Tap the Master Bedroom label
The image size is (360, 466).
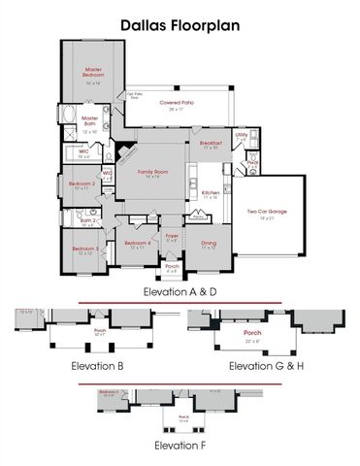(94, 73)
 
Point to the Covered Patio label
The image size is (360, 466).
(176, 102)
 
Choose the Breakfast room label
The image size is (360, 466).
(212, 143)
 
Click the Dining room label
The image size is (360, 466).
(209, 243)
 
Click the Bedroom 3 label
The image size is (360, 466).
(83, 249)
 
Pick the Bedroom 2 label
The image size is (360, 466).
(81, 183)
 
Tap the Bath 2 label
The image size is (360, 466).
(86, 220)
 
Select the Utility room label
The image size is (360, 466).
(241, 135)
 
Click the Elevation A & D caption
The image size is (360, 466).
(180, 291)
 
